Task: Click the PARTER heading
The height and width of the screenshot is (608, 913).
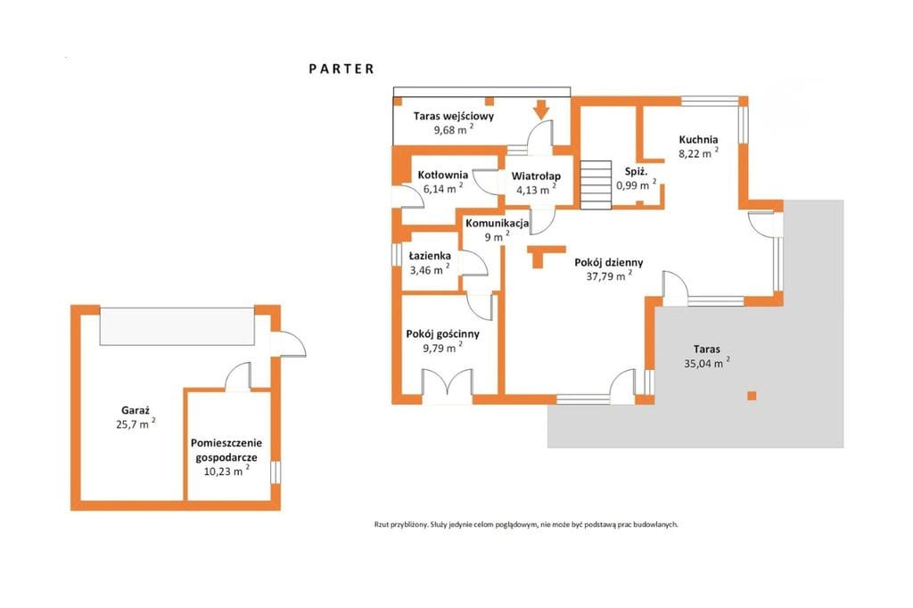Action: point(341,69)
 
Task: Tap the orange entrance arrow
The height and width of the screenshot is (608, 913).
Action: point(541,109)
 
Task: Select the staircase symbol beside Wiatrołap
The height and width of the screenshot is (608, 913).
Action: point(596,185)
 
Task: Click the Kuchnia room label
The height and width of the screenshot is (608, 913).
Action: point(698,140)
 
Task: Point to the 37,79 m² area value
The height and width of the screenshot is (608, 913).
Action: point(609,276)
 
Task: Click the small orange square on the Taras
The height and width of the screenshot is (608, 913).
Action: point(752,396)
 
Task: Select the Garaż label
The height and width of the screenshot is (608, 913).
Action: point(136,410)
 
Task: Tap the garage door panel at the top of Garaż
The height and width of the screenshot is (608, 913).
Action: point(177,326)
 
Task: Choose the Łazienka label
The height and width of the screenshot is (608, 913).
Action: point(430,256)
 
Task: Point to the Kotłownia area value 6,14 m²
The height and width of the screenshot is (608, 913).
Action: point(443,188)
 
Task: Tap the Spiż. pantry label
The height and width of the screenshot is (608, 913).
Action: point(637,172)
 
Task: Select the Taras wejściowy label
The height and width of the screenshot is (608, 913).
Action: point(454,116)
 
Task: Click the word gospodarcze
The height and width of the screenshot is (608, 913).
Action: point(226,457)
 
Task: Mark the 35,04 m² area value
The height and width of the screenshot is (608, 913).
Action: point(707,364)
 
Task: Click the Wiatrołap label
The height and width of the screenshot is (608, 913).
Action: point(536,176)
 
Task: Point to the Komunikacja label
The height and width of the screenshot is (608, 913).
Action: point(498,223)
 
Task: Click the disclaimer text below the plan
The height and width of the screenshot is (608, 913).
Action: point(526,524)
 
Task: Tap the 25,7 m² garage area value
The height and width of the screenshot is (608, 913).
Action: point(136,424)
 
